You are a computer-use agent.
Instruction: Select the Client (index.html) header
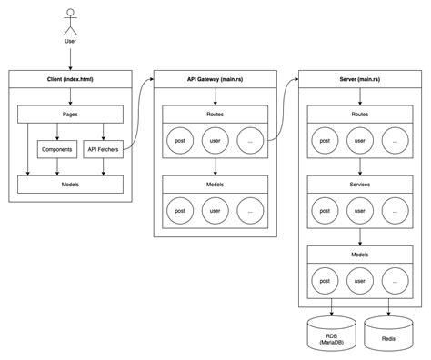(70, 80)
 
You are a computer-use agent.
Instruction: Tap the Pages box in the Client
(70, 115)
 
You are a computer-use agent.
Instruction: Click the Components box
(57, 148)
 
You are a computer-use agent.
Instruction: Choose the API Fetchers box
(104, 148)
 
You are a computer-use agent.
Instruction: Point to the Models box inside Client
(70, 184)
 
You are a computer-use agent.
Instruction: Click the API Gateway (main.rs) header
(215, 80)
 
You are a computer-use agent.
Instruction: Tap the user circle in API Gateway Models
(215, 211)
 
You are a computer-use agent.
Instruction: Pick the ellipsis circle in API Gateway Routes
(251, 142)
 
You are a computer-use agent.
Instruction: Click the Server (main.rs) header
(359, 80)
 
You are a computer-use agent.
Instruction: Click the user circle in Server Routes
(359, 142)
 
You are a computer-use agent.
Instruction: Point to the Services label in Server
(359, 185)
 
